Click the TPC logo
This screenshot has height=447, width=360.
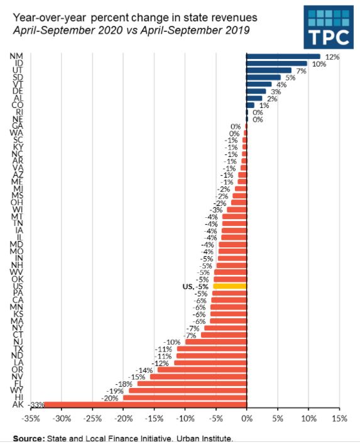pos(329,28)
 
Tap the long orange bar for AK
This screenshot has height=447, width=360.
pos(145,405)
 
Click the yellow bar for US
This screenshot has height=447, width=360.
pos(230,286)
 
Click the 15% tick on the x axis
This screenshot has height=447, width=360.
pos(339,418)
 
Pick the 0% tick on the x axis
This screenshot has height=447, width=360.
pos(246,418)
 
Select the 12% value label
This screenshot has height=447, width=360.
pos(332,57)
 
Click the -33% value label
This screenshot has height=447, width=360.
pos(36,405)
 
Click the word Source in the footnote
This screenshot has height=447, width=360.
pos(29,438)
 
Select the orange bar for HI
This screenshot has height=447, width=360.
pos(185,397)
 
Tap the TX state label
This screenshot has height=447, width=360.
pos(18,348)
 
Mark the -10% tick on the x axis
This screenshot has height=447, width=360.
pos(185,418)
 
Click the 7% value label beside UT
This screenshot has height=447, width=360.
pos(302,70)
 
